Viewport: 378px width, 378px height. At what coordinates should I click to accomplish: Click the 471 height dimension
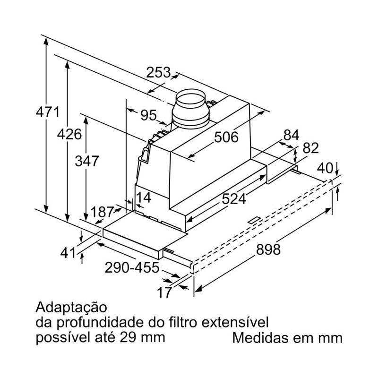pyautogui.click(x=48, y=112)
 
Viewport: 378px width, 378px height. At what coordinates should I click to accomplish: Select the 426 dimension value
pyautogui.click(x=69, y=134)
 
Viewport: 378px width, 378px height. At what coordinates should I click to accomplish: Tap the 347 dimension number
pyautogui.click(x=87, y=161)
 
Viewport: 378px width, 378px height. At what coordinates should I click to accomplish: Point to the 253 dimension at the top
pyautogui.click(x=158, y=72)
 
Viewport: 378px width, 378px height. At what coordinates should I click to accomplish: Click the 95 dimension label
pyautogui.click(x=148, y=115)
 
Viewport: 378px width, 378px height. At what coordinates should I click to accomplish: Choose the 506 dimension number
pyautogui.click(x=226, y=137)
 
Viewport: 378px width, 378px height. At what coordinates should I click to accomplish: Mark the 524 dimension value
pyautogui.click(x=233, y=199)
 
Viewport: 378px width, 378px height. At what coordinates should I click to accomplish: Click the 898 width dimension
pyautogui.click(x=268, y=249)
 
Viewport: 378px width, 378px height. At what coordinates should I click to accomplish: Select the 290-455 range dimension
pyautogui.click(x=132, y=267)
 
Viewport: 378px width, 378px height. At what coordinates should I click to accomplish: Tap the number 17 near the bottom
pyautogui.click(x=164, y=292)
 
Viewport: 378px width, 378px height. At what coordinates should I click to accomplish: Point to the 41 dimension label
pyautogui.click(x=68, y=253)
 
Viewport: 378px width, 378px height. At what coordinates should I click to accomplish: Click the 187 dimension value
pyautogui.click(x=102, y=212)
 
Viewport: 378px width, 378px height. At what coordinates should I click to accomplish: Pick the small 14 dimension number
pyautogui.click(x=144, y=198)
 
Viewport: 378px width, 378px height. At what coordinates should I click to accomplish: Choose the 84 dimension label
pyautogui.click(x=291, y=135)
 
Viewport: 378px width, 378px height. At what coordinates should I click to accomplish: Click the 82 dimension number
pyautogui.click(x=310, y=148)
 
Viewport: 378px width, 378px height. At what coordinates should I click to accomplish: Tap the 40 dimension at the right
pyautogui.click(x=325, y=168)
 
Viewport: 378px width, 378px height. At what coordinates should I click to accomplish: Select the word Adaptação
pyautogui.click(x=71, y=308)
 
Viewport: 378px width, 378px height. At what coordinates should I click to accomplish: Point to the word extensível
pyautogui.click(x=235, y=322)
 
